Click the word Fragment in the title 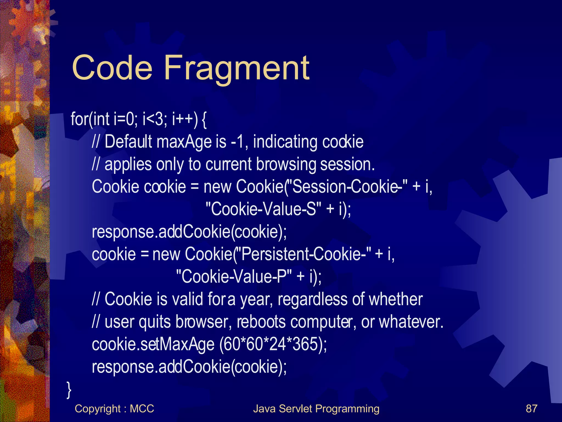[x=237, y=68]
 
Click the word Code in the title [x=112, y=68]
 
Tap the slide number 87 [x=531, y=409]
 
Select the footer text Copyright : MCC [x=114, y=409]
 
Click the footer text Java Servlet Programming [x=316, y=409]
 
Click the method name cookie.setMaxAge [x=153, y=344]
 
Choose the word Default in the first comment [x=128, y=142]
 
